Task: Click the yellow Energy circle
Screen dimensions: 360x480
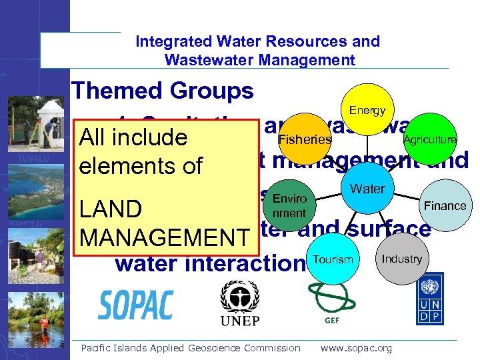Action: [x=367, y=111]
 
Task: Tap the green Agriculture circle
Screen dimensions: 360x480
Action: [x=429, y=139]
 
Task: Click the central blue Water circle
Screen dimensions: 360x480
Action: [x=367, y=189]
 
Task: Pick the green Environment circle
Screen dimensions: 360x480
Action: [x=289, y=206]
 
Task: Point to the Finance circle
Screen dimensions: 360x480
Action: [x=445, y=205]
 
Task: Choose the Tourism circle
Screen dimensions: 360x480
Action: [x=332, y=259]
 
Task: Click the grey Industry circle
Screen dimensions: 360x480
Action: [x=402, y=259]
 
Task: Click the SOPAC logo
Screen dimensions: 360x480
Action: [x=136, y=305]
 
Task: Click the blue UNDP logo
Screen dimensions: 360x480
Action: [x=430, y=302]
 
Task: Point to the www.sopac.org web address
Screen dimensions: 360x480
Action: [x=357, y=348]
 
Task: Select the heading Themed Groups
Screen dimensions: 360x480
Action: [x=163, y=91]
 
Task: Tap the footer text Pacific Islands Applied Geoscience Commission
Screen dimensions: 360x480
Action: [x=190, y=348]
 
